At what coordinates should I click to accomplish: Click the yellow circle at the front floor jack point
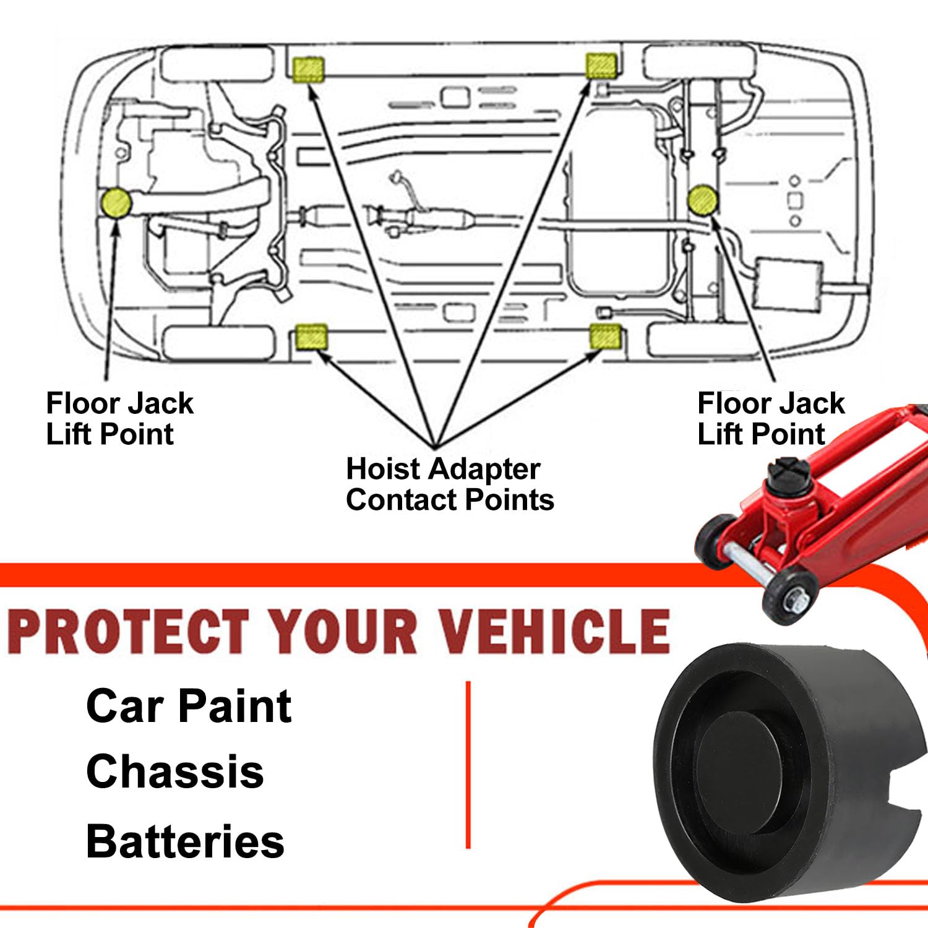tap(116, 203)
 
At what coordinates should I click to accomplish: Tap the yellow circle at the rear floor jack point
tap(703, 199)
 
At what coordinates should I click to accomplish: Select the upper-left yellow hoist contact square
tap(308, 69)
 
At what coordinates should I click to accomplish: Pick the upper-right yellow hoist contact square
tap(601, 65)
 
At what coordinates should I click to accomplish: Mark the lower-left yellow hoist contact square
tap(311, 337)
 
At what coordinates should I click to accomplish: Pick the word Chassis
tap(175, 771)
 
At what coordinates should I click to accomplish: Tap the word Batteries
tap(185, 841)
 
